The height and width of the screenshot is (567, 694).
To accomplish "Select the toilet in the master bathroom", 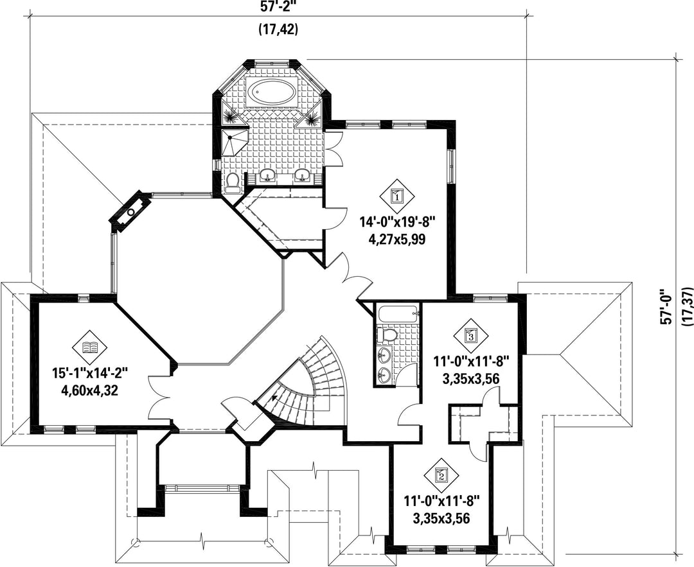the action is (233, 182).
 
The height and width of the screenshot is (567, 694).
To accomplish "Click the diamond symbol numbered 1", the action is (398, 195).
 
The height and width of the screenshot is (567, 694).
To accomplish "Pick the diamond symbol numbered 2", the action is (441, 475).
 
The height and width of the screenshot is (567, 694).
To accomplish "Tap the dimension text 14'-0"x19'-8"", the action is (398, 221).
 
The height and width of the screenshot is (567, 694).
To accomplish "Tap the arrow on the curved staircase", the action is (276, 398).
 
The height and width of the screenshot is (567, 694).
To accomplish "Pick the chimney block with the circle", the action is (131, 212).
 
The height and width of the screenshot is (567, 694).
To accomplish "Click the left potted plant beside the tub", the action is (231, 116).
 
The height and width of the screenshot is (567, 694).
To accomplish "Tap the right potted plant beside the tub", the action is (311, 118).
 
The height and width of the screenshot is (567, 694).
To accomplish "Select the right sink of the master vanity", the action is (303, 175).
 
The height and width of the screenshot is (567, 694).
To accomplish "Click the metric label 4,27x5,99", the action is (397, 240).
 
